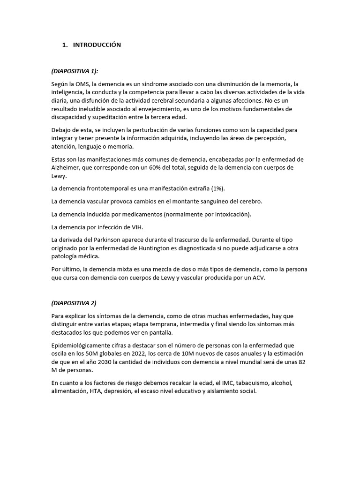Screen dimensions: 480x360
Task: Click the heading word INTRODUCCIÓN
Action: [x=97, y=45]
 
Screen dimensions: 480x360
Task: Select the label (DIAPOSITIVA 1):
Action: [x=75, y=71]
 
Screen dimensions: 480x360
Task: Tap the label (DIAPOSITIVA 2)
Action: [x=74, y=303]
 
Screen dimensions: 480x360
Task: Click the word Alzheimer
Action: [x=67, y=168]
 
